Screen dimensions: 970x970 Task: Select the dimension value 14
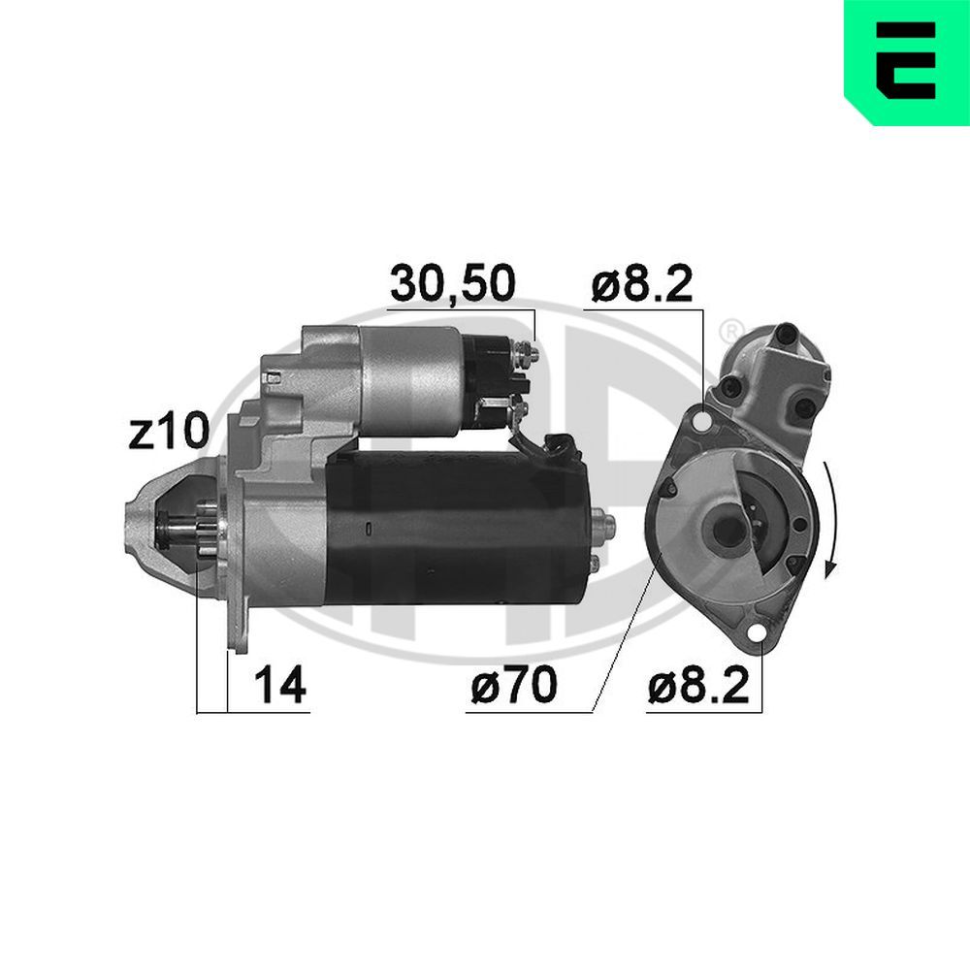(x=279, y=686)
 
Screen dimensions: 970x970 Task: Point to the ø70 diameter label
(x=513, y=686)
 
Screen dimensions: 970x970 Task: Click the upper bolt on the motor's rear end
(x=608, y=522)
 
